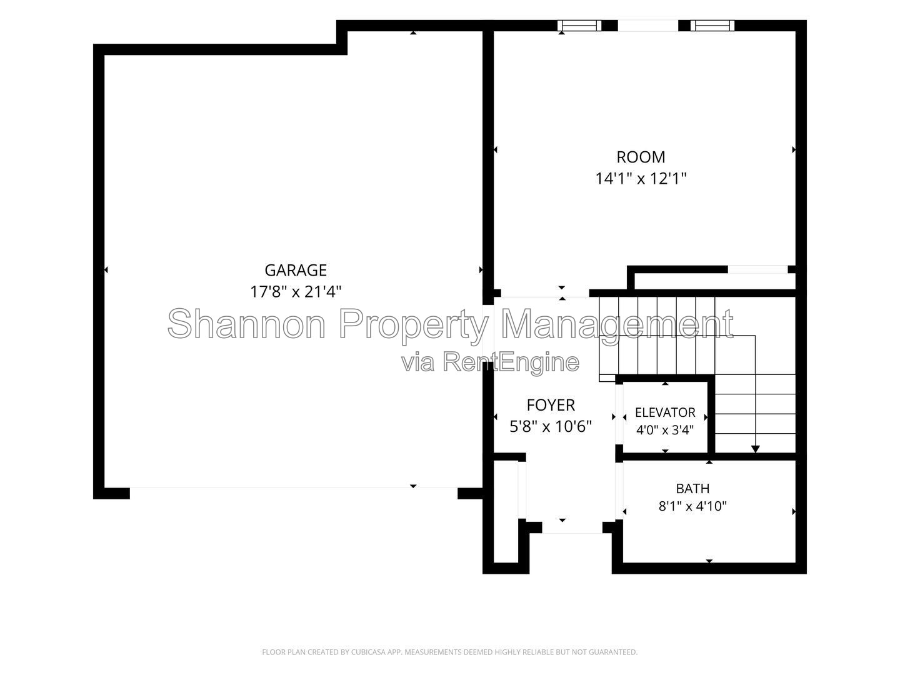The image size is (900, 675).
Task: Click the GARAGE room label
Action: [296, 270]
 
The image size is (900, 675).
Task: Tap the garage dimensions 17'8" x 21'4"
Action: [296, 292]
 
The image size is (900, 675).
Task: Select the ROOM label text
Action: [641, 157]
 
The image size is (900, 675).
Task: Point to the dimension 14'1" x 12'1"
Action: [641, 179]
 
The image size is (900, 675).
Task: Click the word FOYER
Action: [551, 405]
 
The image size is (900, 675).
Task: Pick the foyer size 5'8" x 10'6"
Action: [551, 427]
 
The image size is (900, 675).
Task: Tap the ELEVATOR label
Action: [665, 412]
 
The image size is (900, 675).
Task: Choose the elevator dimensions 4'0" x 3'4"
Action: [665, 430]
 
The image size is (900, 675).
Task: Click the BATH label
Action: [692, 489]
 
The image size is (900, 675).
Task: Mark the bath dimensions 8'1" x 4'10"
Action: [692, 506]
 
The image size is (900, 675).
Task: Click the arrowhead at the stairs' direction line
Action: [755, 449]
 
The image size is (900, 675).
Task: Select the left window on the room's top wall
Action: [579, 26]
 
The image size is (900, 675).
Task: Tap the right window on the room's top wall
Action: [712, 26]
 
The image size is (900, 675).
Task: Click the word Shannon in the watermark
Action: [246, 324]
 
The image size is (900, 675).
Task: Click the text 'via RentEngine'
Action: [491, 362]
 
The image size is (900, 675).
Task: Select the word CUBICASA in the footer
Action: [366, 652]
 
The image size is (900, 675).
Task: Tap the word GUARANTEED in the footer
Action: [614, 652]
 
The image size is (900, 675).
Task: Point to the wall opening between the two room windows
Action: [648, 26]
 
